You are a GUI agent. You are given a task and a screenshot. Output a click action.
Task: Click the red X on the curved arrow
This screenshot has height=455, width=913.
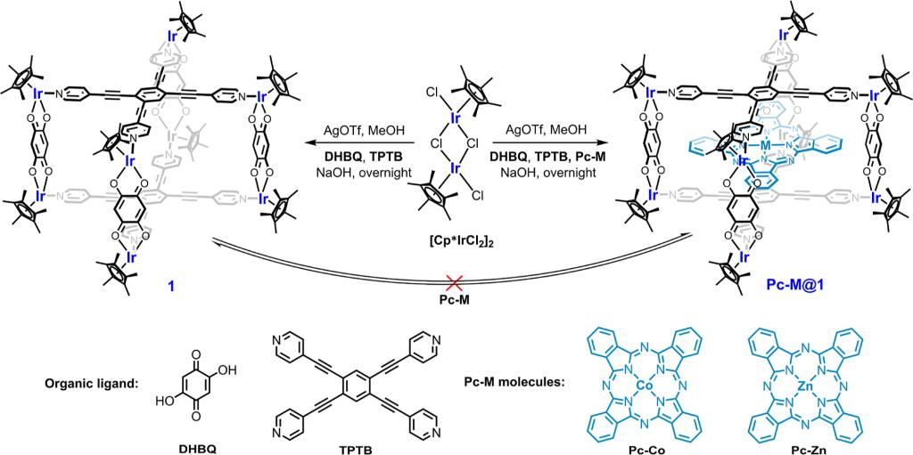coord(455,281)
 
